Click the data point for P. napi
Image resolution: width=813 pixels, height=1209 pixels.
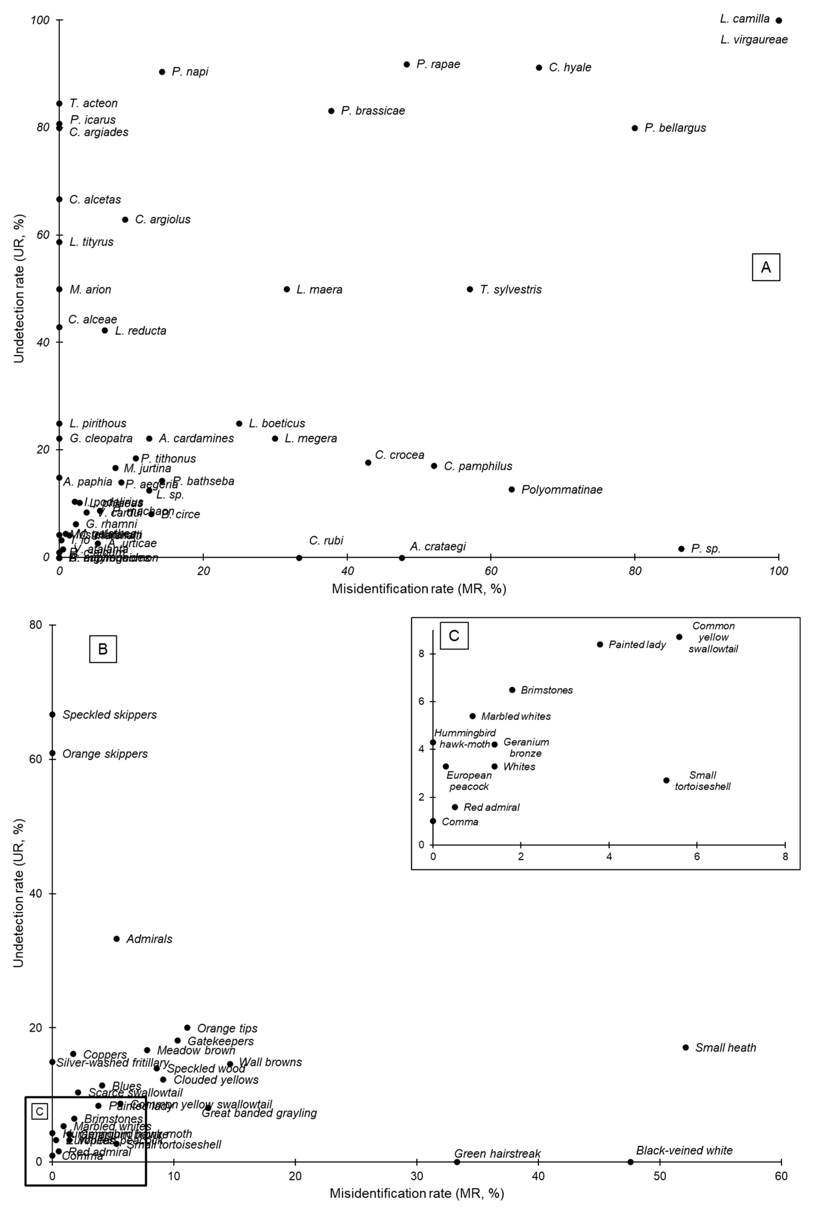(162, 72)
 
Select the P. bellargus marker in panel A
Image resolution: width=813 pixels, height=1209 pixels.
(635, 128)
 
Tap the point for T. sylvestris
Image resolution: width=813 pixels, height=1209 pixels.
(470, 289)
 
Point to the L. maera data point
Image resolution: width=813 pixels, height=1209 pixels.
(287, 289)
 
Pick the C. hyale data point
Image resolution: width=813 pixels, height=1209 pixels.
(539, 68)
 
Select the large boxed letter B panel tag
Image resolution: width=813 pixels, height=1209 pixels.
(103, 649)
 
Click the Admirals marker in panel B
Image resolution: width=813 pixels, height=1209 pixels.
(117, 939)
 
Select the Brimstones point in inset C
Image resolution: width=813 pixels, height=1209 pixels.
(512, 690)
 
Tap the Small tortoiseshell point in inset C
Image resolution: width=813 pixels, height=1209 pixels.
(666, 780)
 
